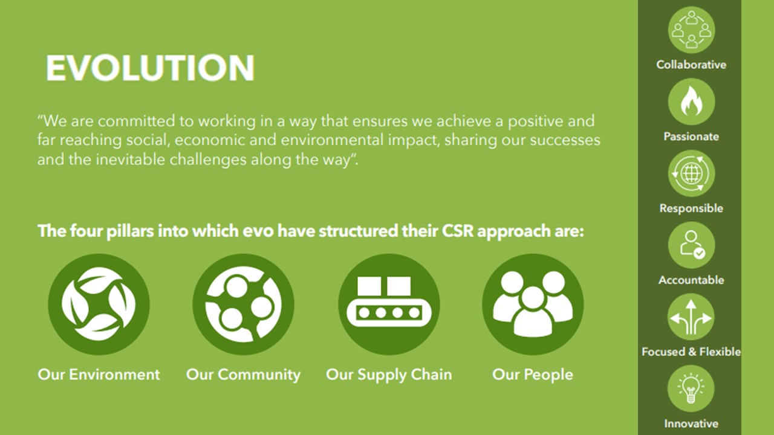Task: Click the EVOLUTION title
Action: [x=151, y=68]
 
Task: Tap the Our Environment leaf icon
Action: [x=99, y=304]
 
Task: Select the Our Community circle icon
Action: [x=243, y=304]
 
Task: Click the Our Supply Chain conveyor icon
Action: [x=389, y=304]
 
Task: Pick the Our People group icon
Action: [x=533, y=304]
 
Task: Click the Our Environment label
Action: [x=99, y=375]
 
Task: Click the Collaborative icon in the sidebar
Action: [x=691, y=30]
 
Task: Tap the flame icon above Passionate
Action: [x=691, y=102]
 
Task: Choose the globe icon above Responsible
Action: [x=691, y=173]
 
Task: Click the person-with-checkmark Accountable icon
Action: [x=691, y=245]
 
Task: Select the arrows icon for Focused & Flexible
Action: [x=691, y=317]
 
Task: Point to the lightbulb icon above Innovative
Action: [x=691, y=388]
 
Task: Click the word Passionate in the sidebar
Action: [x=691, y=137]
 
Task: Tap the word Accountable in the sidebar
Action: [x=691, y=280]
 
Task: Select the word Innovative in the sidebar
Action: [x=691, y=424]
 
